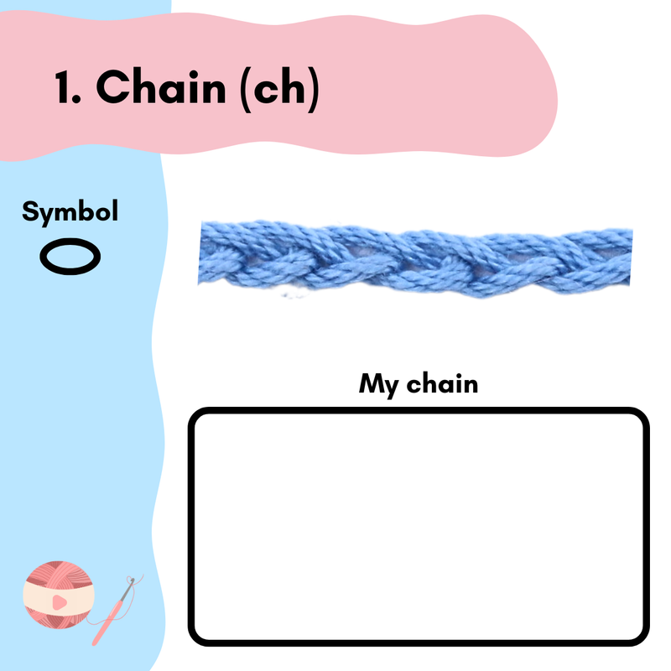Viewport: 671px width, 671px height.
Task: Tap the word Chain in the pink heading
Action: coord(160,87)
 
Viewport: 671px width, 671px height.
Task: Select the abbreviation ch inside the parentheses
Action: coord(276,87)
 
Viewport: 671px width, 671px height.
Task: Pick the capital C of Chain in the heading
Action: coord(113,87)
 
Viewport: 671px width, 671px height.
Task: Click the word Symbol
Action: coord(70,211)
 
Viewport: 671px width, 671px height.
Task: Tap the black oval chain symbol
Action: coord(70,255)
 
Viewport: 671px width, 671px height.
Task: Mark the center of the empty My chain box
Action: coord(419,527)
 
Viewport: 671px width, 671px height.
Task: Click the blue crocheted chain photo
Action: coord(415,258)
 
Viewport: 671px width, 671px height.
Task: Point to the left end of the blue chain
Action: coord(205,256)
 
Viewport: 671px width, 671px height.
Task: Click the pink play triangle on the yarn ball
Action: coord(58,602)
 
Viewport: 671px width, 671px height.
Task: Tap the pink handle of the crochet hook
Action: coord(104,623)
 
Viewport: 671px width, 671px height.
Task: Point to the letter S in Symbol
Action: coord(29,211)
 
